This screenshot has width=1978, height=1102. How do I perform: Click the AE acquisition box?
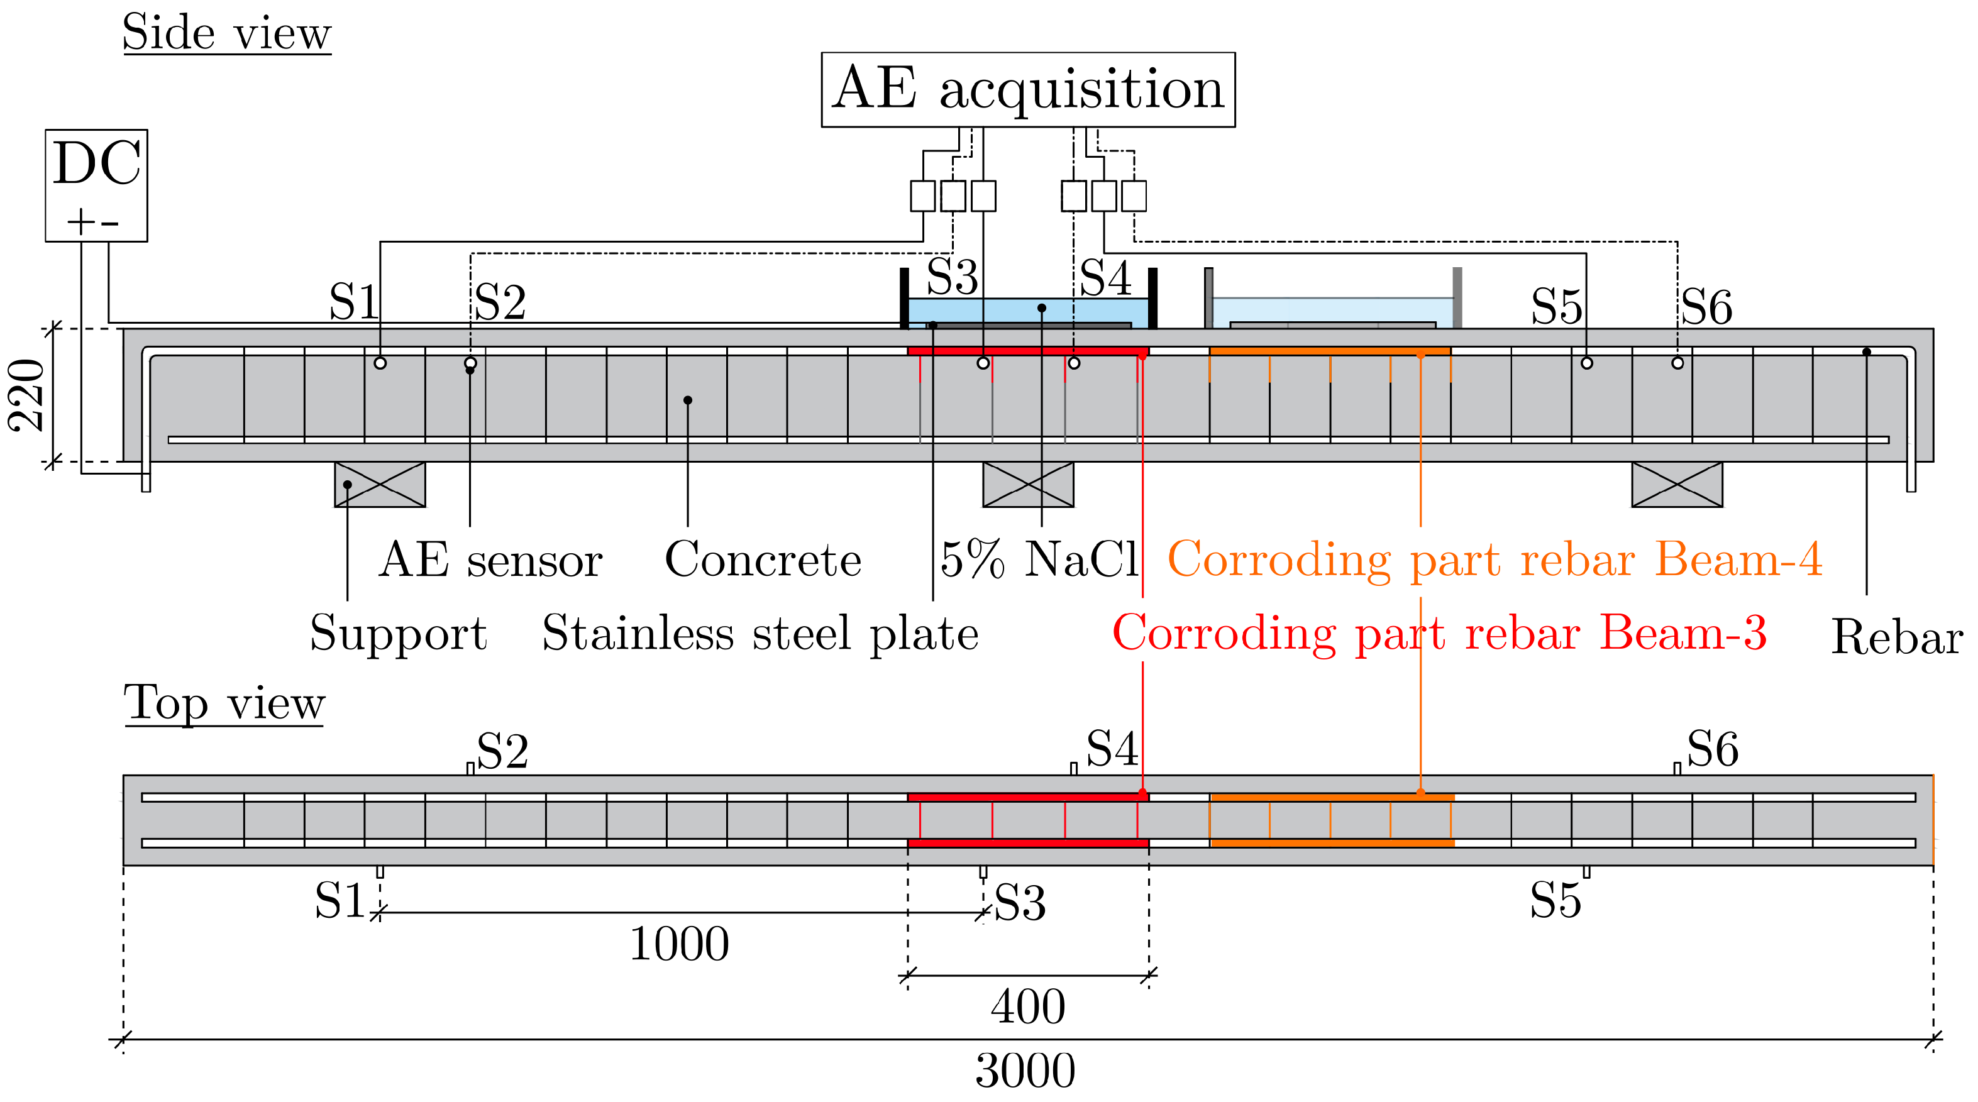[1027, 89]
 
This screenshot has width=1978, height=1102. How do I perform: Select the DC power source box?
[96, 185]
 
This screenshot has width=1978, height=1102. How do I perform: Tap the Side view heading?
[226, 34]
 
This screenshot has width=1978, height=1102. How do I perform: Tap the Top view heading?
[224, 703]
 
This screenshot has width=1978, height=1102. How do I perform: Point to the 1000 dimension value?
[679, 944]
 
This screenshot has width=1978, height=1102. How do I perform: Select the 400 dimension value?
[1027, 1007]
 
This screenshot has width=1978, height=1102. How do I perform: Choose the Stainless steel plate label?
[760, 634]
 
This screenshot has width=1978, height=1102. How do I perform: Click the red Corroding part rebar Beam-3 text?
[1440, 634]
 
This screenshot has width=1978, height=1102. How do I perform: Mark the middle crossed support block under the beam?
[1027, 485]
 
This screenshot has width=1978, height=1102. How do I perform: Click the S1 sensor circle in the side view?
[380, 363]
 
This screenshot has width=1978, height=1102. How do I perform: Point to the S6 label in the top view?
[1712, 749]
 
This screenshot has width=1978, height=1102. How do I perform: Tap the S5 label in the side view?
[1555, 307]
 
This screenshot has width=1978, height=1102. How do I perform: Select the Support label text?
[398, 634]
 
